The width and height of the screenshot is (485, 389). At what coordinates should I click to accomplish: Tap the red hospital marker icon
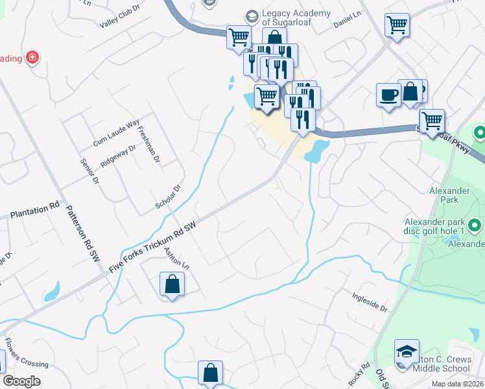32,58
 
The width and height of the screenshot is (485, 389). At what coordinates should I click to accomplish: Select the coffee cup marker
388,95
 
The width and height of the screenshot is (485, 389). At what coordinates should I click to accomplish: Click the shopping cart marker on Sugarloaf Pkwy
431,120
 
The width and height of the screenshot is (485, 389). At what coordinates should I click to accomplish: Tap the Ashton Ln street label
176,259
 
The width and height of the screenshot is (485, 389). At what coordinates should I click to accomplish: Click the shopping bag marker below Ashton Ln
172,284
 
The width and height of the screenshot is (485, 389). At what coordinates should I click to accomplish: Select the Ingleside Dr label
369,300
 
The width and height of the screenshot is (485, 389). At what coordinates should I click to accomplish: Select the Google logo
21,381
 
